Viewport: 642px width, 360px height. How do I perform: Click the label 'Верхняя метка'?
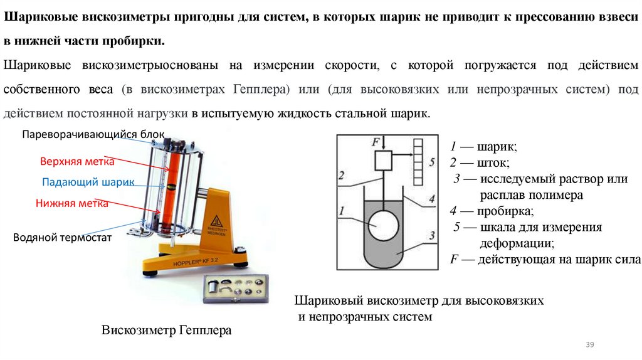(x=77, y=162)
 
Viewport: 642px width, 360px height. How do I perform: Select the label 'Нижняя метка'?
(x=71, y=203)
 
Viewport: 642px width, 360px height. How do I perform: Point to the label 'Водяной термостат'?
(x=62, y=237)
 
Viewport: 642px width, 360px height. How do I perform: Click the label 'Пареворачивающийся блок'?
(x=93, y=134)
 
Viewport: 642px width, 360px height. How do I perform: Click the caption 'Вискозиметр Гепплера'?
(x=166, y=330)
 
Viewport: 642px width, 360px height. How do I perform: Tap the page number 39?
(x=589, y=345)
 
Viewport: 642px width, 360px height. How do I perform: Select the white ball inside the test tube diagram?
(x=383, y=226)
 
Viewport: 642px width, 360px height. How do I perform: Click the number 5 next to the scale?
(x=432, y=162)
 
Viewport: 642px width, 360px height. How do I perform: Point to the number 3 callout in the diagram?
(x=432, y=236)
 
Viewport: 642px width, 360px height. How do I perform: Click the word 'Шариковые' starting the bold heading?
(x=36, y=18)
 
